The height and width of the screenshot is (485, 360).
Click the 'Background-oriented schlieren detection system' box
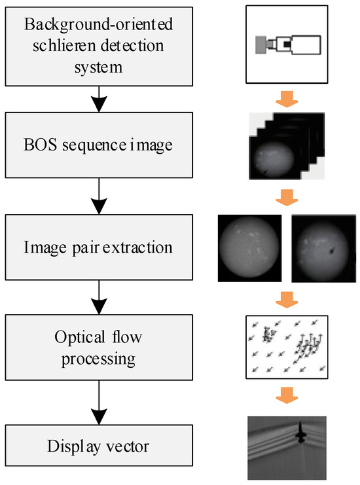98,45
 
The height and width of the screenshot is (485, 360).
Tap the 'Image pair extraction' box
98,248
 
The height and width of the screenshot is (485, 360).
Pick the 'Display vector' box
98,448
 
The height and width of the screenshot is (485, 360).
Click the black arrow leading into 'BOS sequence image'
98,101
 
